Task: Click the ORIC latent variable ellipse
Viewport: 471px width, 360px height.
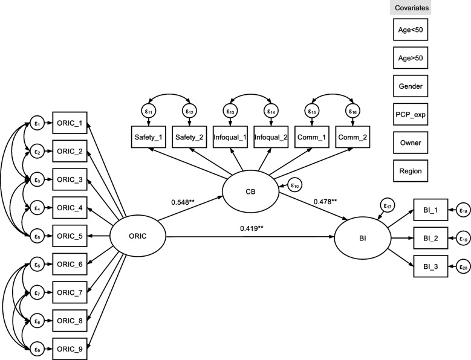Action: [137, 235]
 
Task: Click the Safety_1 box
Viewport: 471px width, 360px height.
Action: [148, 137]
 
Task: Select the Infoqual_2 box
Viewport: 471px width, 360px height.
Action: [271, 137]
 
